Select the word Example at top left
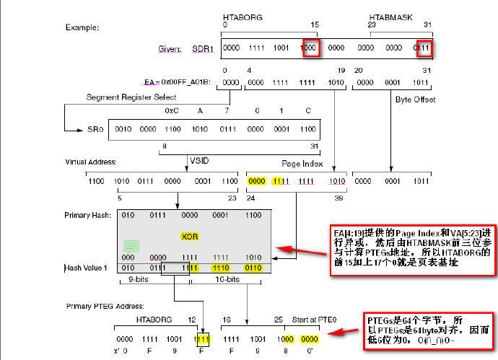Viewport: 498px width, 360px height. (x=82, y=27)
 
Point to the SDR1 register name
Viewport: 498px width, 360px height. (x=204, y=49)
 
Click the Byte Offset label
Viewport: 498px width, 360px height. (x=415, y=99)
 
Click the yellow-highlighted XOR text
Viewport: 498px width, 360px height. (x=189, y=237)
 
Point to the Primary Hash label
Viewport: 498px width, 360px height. (x=87, y=214)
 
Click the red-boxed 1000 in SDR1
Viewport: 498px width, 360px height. (x=308, y=48)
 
